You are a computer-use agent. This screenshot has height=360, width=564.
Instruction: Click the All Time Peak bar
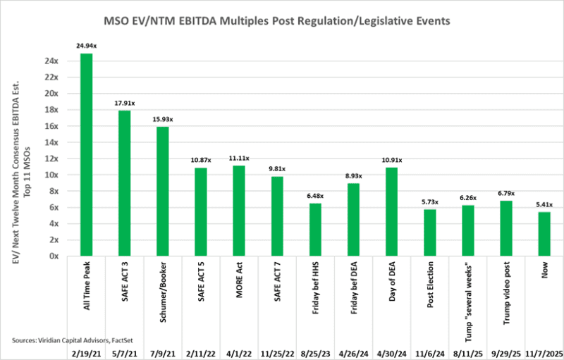click(x=86, y=155)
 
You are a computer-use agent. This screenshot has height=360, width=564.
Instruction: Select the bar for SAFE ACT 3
click(x=124, y=183)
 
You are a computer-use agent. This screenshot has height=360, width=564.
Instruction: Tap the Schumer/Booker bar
click(x=162, y=191)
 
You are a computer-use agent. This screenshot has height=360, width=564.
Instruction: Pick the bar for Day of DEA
click(x=391, y=211)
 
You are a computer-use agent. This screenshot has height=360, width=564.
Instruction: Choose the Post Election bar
click(x=429, y=232)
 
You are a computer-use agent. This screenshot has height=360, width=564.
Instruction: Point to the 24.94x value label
click(x=86, y=46)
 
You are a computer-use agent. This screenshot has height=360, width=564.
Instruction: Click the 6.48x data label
click(x=314, y=196)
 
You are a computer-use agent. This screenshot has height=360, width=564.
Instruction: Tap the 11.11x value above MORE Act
click(x=238, y=159)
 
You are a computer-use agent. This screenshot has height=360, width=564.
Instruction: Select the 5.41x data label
click(x=543, y=204)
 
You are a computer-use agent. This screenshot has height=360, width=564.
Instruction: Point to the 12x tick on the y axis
click(x=51, y=159)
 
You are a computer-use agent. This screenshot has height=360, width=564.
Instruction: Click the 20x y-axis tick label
click(x=51, y=93)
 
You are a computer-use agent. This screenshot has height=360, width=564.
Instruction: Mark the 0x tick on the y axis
click(x=53, y=256)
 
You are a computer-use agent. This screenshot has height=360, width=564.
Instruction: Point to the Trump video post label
click(x=505, y=288)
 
